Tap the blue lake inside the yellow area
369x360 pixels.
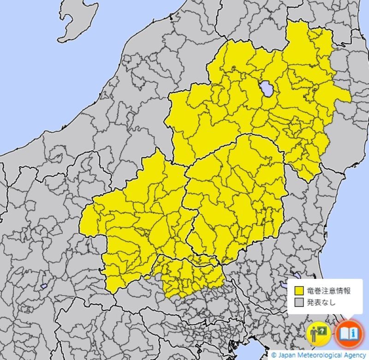click(x=266, y=88)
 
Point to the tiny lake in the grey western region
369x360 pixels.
click(x=44, y=286)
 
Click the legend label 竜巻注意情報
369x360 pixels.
click(x=328, y=291)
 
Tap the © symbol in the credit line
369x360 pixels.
click(x=274, y=355)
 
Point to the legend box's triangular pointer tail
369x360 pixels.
click(x=349, y=318)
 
